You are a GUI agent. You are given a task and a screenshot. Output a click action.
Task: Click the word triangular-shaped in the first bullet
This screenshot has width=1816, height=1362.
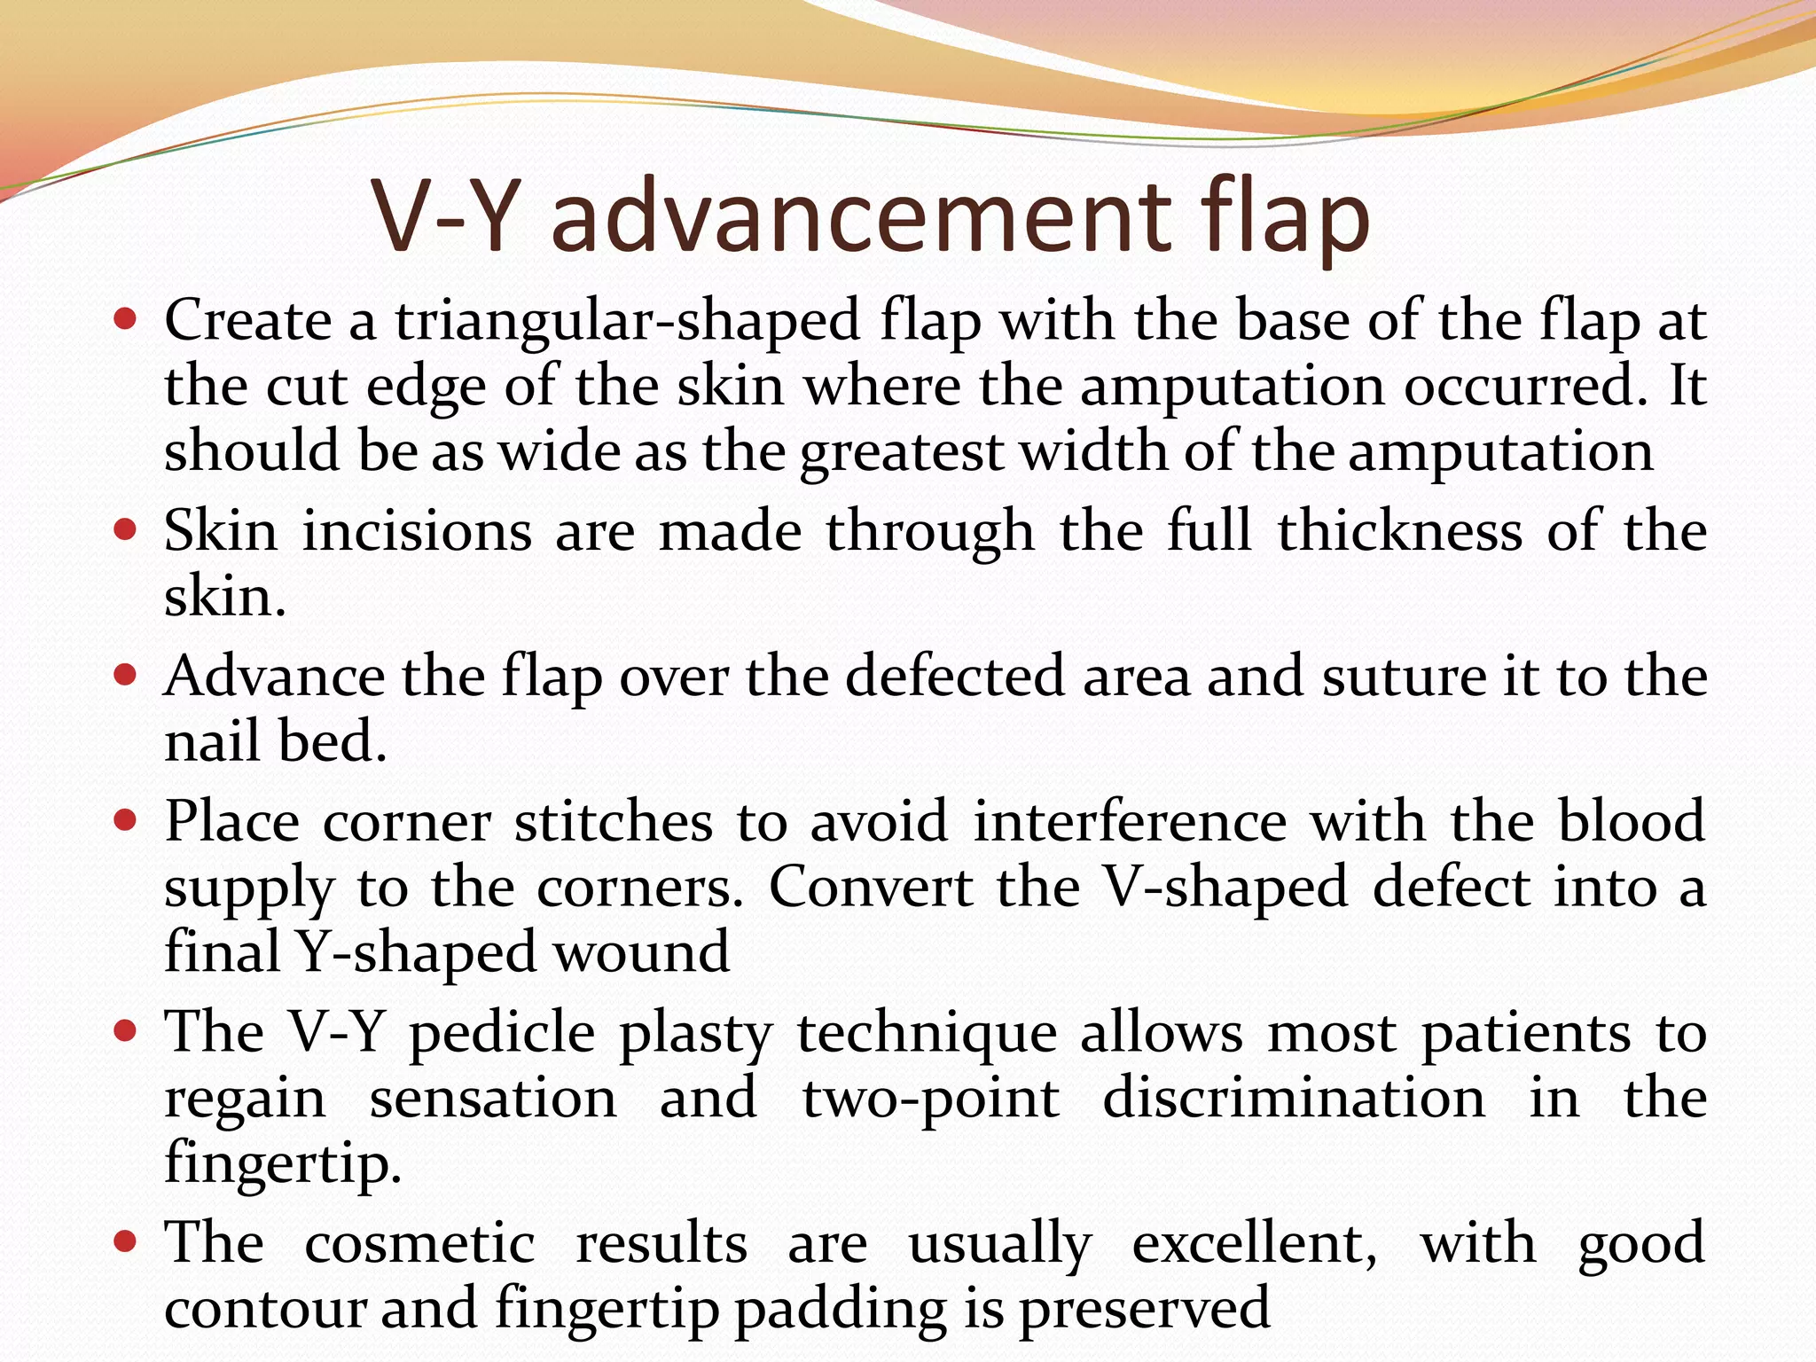pyautogui.click(x=628, y=322)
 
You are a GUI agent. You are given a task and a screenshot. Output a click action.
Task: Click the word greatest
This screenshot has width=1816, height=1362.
pyautogui.click(x=901, y=453)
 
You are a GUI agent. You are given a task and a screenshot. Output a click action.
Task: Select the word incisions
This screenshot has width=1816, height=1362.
pyautogui.click(x=418, y=532)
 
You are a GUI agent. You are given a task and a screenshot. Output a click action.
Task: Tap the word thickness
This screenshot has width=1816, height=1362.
pyautogui.click(x=1400, y=532)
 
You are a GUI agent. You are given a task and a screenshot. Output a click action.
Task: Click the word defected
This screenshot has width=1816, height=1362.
pyautogui.click(x=954, y=677)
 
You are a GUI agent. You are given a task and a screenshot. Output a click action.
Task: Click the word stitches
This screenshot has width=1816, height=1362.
pyautogui.click(x=614, y=822)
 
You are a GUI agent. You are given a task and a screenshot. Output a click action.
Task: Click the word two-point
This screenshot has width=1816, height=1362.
pyautogui.click(x=930, y=1100)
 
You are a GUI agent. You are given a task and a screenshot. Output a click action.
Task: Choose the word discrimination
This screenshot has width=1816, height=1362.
pyautogui.click(x=1294, y=1100)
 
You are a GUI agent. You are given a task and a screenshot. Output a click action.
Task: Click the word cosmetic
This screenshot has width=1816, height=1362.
pyautogui.click(x=419, y=1243)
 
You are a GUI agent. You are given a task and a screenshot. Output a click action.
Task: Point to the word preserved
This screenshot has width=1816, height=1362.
pyautogui.click(x=1144, y=1310)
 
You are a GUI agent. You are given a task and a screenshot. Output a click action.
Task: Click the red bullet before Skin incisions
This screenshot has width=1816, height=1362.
pyautogui.click(x=126, y=530)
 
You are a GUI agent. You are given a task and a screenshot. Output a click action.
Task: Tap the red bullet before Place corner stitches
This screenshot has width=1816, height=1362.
pyautogui.click(x=126, y=820)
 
